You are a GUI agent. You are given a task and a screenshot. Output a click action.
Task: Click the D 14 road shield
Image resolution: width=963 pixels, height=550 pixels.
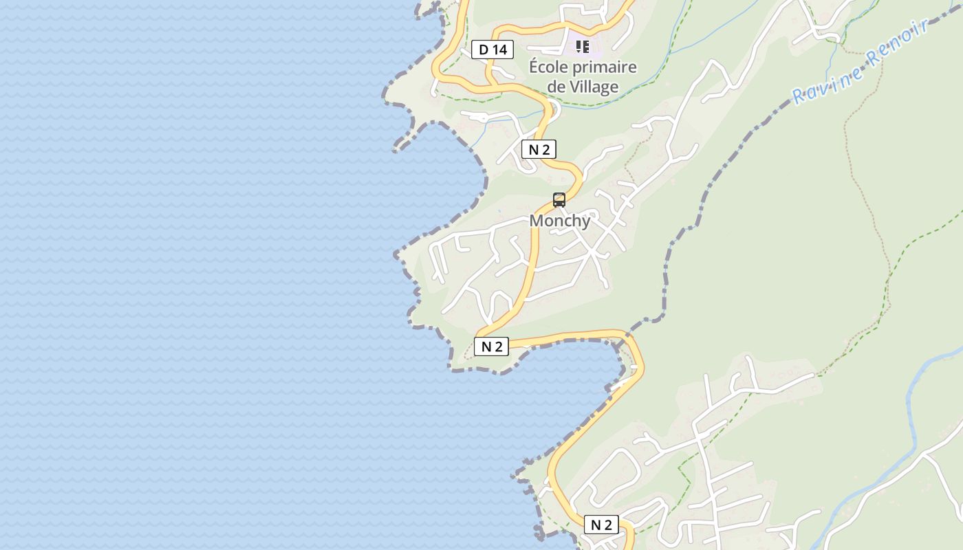[493, 49]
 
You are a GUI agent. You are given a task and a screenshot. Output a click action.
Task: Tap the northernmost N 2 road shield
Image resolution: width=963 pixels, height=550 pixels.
[539, 149]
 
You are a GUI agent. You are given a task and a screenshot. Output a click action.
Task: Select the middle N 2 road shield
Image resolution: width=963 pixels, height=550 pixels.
[492, 346]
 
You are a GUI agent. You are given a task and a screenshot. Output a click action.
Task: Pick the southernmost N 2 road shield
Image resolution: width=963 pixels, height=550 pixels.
[601, 525]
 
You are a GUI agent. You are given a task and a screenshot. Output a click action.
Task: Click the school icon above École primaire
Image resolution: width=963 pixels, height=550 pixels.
[583, 47]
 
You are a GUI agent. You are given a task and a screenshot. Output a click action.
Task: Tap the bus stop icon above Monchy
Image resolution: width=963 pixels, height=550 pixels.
[559, 200]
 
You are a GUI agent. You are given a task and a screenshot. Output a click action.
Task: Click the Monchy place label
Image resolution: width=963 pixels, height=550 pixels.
[560, 221]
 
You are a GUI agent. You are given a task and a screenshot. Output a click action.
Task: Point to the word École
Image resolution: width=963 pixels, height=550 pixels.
[550, 67]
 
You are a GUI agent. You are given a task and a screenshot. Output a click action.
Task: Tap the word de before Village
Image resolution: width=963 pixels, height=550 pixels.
[556, 87]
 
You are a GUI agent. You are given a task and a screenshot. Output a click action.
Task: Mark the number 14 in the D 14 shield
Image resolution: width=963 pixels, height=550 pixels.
[500, 49]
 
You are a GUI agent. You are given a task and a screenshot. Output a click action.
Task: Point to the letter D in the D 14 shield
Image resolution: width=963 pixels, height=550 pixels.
[483, 49]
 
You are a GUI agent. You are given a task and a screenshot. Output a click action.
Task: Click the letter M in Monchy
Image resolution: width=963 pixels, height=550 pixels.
[537, 221]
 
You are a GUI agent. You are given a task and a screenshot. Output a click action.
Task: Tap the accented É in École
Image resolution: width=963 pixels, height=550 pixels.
[534, 67]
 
